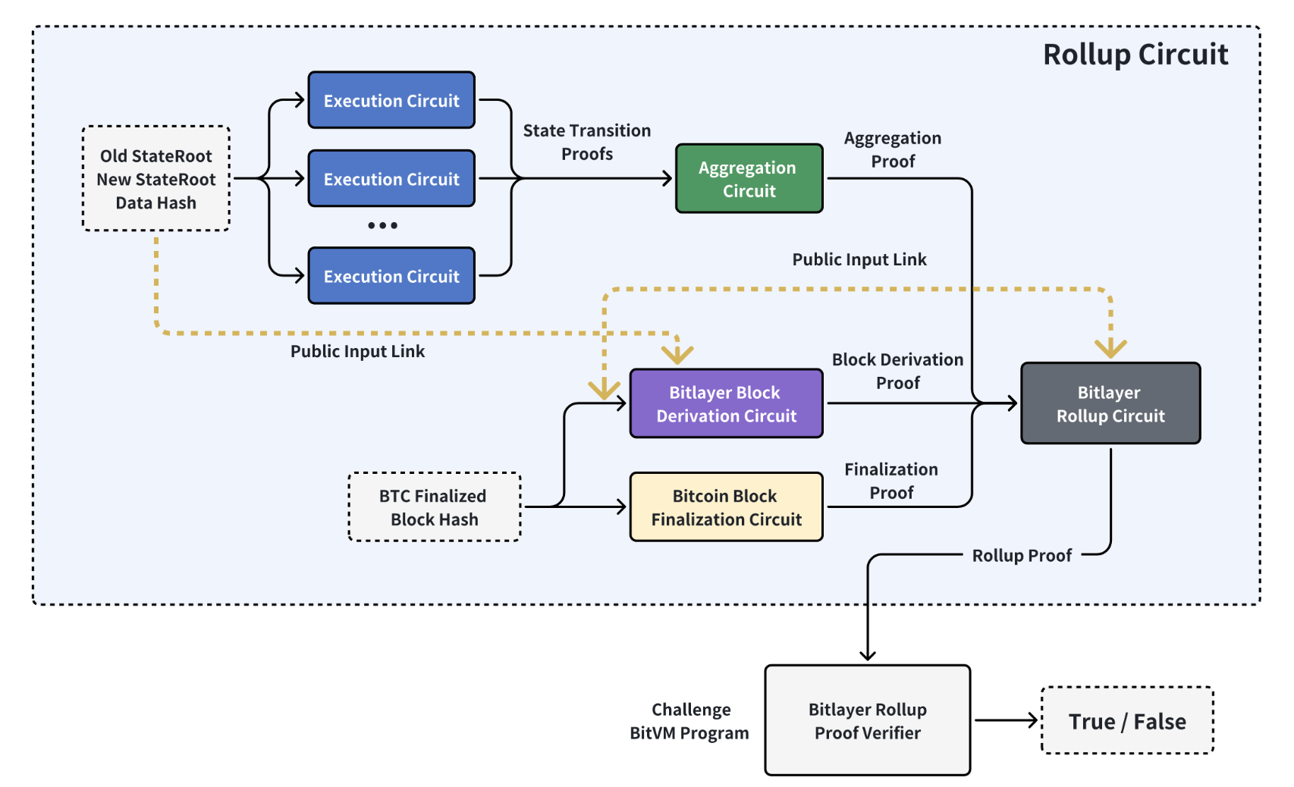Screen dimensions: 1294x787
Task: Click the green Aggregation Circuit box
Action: click(749, 178)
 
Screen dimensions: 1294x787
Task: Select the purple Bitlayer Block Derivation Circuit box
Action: click(726, 403)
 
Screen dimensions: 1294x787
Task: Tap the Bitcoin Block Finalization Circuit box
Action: click(726, 507)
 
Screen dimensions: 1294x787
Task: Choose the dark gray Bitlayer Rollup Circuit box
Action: click(1110, 403)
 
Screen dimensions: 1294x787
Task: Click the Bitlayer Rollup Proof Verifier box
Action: click(867, 720)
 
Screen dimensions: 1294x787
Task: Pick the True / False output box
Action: click(1127, 720)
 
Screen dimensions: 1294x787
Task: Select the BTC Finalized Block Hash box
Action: click(435, 507)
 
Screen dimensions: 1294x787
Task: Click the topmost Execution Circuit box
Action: click(391, 100)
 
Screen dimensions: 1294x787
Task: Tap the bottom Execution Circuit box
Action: click(391, 275)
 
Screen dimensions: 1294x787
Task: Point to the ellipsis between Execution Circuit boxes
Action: click(382, 225)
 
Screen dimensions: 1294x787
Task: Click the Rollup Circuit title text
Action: click(1135, 55)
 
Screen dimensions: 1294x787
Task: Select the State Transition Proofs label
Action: click(587, 142)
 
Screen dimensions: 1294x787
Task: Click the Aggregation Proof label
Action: click(893, 149)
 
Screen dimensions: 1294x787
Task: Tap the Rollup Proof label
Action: click(1022, 556)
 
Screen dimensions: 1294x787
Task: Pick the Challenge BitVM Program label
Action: click(689, 721)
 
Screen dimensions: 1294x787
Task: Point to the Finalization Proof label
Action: click(890, 481)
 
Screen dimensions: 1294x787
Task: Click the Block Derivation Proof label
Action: click(897, 371)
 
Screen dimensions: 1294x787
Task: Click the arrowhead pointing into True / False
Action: click(1032, 720)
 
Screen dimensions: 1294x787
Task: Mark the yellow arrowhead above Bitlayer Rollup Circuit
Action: click(1110, 349)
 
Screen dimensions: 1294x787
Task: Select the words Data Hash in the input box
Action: click(156, 202)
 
